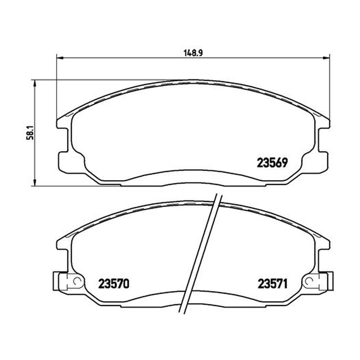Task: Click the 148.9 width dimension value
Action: click(x=193, y=53)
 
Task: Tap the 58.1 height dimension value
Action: click(x=30, y=133)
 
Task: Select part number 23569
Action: click(x=272, y=163)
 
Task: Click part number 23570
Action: click(x=114, y=284)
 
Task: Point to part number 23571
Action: click(x=273, y=284)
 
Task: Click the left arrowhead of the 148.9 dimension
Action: click(x=60, y=58)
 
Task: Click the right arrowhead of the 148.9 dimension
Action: click(x=326, y=58)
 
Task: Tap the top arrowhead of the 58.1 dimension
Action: click(x=35, y=83)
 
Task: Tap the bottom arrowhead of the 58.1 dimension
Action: click(x=35, y=183)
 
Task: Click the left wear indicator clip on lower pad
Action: click(x=67, y=281)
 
